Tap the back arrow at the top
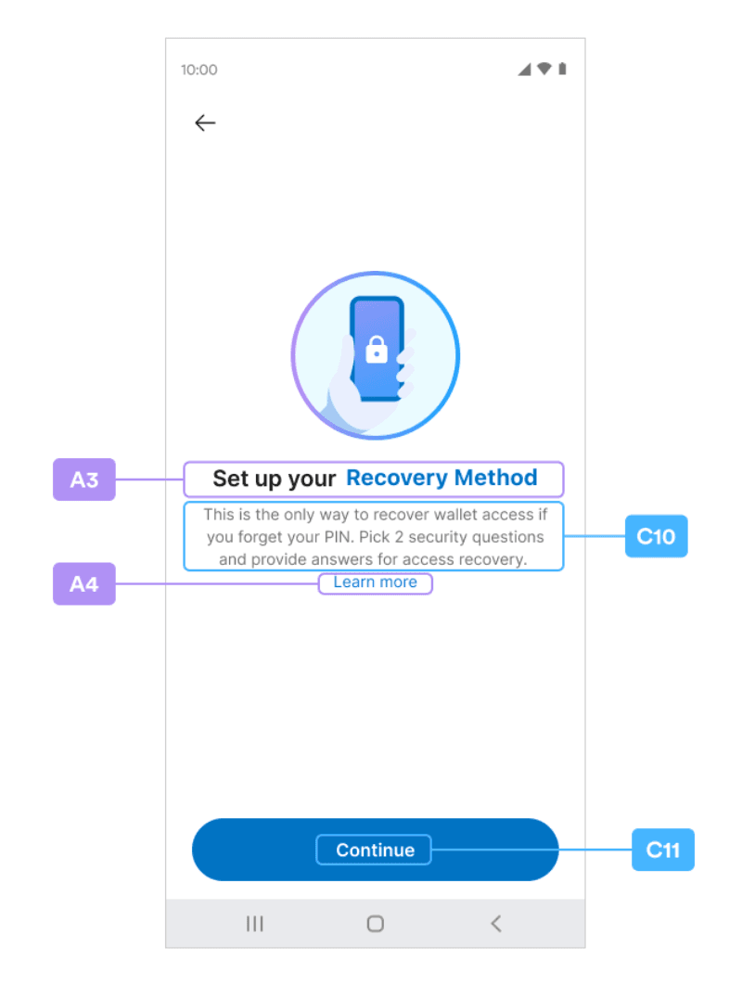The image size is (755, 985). coord(205,122)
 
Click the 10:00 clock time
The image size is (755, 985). coord(199,70)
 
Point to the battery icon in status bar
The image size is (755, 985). coord(562,69)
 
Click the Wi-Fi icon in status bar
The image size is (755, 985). coord(544,69)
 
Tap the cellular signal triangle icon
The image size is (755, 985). coord(524,70)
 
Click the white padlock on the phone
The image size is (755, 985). coord(377,350)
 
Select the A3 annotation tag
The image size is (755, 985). coord(84,480)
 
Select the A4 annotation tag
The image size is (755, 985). coord(84,583)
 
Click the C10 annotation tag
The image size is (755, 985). coord(657,536)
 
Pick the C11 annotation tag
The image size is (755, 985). coord(662,850)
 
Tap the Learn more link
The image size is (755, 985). coord(375,582)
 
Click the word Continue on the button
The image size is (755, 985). coord(375,850)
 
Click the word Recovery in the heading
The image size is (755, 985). coord(397,478)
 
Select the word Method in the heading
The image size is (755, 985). coord(495,478)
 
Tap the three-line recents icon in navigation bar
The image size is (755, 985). coord(254,924)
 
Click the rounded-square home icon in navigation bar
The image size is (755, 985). coord(375,924)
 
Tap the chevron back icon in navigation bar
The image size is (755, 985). coord(496,924)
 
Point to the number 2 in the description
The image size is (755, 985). coord(399,537)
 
